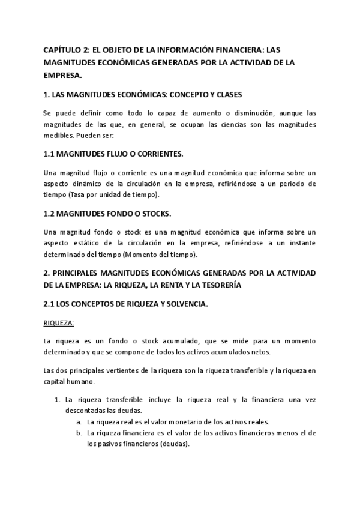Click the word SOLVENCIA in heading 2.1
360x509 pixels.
point(184,304)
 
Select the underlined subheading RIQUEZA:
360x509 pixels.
point(59,323)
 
